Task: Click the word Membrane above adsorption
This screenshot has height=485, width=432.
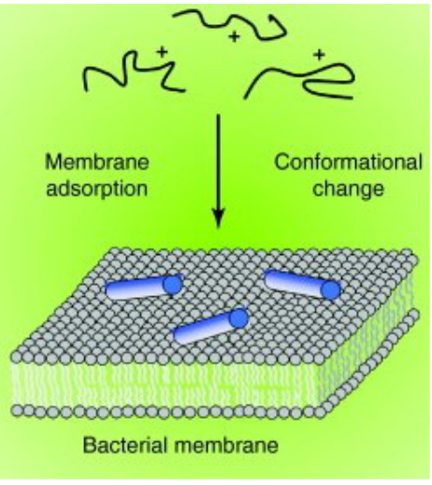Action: coord(97,163)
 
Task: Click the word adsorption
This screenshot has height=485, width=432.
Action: coord(97,189)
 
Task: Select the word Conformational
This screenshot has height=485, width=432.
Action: coord(348,163)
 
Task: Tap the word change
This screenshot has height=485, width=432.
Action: coord(348,189)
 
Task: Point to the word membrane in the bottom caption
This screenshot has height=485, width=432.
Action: coord(226,445)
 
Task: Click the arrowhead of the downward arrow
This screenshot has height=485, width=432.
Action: coord(218,219)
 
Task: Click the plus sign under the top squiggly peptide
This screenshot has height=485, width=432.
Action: coord(234,36)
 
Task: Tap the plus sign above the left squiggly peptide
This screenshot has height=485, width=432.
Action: coord(162,50)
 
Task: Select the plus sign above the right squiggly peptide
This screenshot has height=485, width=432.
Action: coord(319,55)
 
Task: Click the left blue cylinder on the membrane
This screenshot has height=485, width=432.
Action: coord(143,287)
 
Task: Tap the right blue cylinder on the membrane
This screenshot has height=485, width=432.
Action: coord(302,284)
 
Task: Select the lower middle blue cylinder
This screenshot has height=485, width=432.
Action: coord(210,326)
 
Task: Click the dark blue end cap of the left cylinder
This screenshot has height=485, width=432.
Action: coord(173,284)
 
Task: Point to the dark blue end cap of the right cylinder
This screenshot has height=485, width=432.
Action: coord(331,290)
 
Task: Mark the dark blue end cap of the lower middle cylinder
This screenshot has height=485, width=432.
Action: coord(239,319)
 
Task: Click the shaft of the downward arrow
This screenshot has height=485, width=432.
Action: coord(218,162)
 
